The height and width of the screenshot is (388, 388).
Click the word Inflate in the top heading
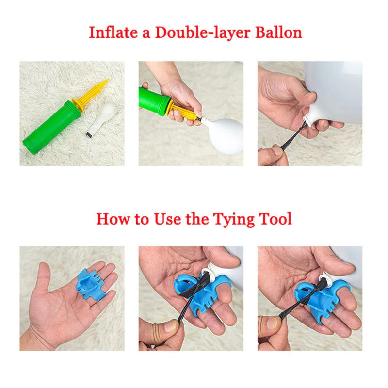113,32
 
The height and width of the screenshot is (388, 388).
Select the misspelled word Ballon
278,32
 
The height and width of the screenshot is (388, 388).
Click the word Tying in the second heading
234,220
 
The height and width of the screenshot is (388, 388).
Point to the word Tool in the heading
275,219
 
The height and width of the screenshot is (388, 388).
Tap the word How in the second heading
113,219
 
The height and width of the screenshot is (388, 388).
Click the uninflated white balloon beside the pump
101,119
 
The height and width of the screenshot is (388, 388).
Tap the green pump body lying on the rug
51,127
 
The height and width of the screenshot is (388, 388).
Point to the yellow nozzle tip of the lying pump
106,81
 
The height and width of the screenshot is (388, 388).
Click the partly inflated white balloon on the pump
225,135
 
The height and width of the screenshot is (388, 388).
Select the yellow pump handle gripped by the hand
185,112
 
